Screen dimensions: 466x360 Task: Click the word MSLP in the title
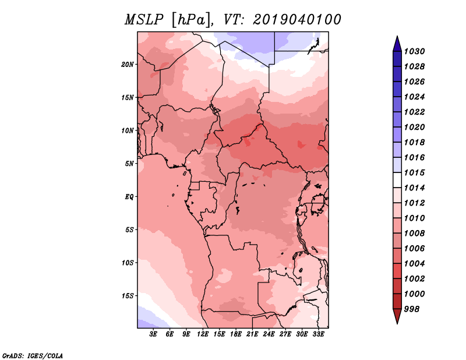(x=144, y=20)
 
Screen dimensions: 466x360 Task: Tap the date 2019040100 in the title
(x=297, y=20)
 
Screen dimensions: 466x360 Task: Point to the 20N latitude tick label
(x=128, y=65)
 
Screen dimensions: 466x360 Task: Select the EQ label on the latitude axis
(x=129, y=197)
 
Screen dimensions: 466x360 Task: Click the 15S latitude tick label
(x=128, y=296)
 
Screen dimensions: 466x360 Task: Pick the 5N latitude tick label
(x=129, y=164)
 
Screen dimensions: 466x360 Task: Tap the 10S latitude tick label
(x=128, y=263)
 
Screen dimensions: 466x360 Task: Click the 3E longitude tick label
(x=153, y=334)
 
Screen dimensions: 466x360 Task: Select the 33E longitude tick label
(x=318, y=334)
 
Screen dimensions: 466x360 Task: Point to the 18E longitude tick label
(x=236, y=334)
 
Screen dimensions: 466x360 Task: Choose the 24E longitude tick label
(x=269, y=334)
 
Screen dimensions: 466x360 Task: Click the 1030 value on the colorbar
(x=414, y=51)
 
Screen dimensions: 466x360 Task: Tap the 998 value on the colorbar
(x=412, y=309)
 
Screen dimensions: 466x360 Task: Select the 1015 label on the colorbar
(x=414, y=172)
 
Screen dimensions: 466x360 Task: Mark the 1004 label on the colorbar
(x=414, y=264)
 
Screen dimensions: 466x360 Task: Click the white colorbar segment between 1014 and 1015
(x=397, y=180)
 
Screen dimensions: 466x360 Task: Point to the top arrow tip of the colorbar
(x=397, y=36)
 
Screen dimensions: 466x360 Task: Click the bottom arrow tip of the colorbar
(x=397, y=324)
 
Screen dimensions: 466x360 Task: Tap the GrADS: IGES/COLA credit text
(x=33, y=356)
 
